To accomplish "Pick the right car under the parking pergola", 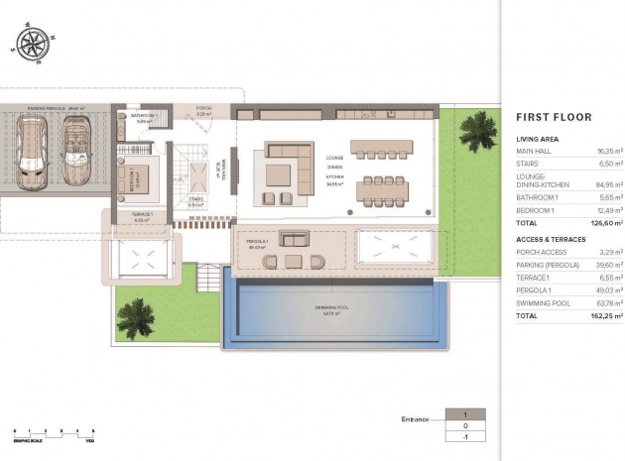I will point(75,151).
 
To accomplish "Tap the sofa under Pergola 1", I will point(295,239).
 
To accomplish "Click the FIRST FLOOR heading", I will point(554,117).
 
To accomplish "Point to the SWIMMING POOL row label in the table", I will point(543,303).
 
